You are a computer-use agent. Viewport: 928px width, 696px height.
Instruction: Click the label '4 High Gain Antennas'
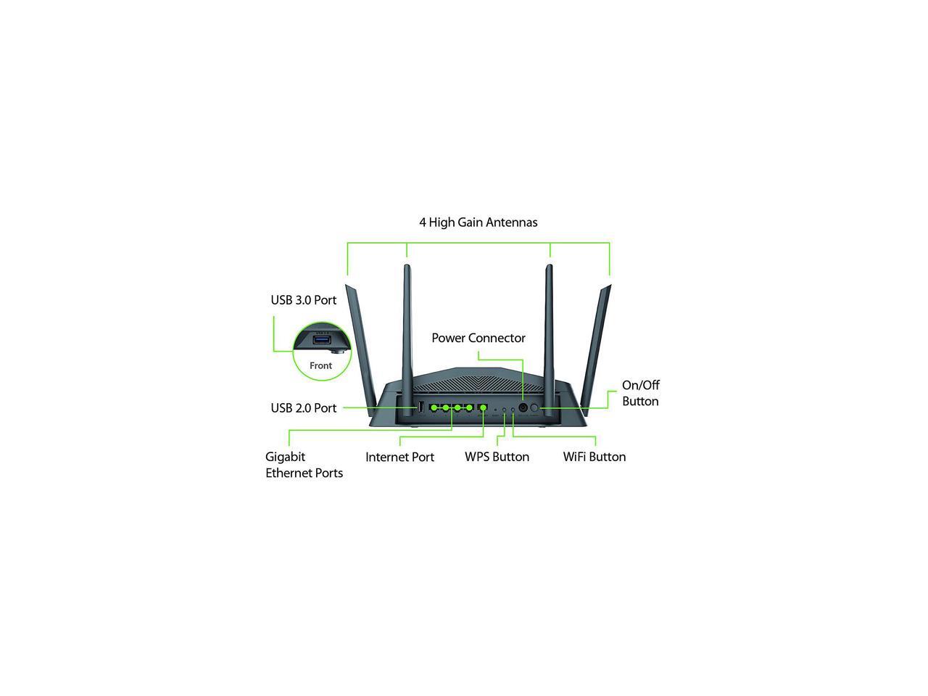478,223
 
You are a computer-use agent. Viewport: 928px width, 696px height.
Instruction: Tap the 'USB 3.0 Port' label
304,300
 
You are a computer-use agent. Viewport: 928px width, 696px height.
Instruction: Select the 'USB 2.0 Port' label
304,408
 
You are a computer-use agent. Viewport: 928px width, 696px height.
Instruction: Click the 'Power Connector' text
478,338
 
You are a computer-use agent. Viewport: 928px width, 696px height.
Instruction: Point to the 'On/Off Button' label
641,393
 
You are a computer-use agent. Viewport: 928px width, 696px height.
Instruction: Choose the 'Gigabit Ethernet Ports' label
304,465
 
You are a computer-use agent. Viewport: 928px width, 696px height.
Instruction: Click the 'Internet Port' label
399,457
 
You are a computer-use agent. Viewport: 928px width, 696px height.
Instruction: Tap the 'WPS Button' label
497,457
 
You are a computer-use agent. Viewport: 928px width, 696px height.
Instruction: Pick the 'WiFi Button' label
594,457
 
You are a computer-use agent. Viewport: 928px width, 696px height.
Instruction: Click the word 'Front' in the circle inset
320,366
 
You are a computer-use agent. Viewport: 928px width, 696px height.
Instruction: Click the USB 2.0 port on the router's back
420,407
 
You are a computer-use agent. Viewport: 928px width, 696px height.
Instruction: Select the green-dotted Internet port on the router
482,407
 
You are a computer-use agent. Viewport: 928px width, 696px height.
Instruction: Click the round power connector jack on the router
523,407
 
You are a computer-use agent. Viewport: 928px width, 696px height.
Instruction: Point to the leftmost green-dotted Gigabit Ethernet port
434,407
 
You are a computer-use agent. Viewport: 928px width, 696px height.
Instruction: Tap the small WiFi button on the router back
513,410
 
